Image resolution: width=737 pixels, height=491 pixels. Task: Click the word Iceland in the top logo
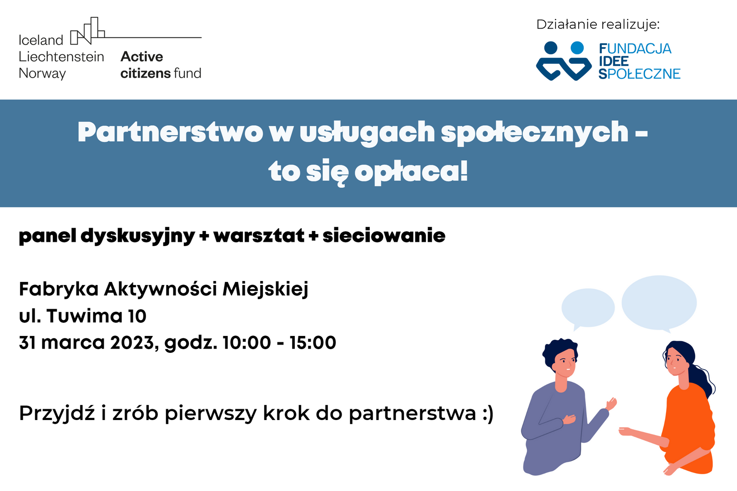41,40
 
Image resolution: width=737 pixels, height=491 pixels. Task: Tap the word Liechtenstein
61,57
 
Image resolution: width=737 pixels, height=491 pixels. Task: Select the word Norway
42,73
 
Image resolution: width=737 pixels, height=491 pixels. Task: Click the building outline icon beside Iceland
87,30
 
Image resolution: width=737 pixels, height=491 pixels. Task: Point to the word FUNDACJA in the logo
635,49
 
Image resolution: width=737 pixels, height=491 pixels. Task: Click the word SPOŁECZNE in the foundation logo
639,74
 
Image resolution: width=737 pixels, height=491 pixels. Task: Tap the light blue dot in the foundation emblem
577,48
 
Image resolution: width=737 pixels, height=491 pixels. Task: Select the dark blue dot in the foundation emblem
551,48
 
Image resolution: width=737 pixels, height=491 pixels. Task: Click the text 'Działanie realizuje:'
598,25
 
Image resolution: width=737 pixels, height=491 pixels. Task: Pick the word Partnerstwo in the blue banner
170,133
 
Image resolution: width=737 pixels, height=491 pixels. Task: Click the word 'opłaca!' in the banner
411,172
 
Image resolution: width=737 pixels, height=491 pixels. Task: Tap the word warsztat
259,236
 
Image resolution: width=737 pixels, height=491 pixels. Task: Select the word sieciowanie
384,236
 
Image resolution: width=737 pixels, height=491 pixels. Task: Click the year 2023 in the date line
132,343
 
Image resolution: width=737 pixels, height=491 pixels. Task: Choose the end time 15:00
313,343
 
